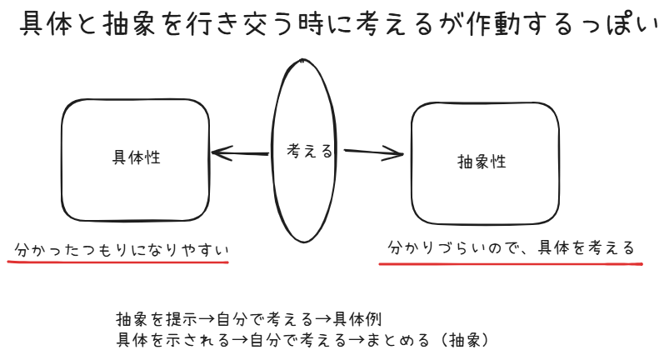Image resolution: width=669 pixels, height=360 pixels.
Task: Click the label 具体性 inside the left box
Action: coord(136,157)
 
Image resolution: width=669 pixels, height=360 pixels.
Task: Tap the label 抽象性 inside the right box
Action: coord(482,162)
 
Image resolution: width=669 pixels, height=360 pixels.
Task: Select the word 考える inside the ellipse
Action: coord(310,152)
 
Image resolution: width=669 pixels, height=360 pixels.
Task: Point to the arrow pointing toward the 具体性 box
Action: coord(242,152)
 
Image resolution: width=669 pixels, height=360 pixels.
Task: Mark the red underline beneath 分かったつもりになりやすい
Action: coord(117,262)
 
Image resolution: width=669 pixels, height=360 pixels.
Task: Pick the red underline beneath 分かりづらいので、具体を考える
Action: coord(511,264)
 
